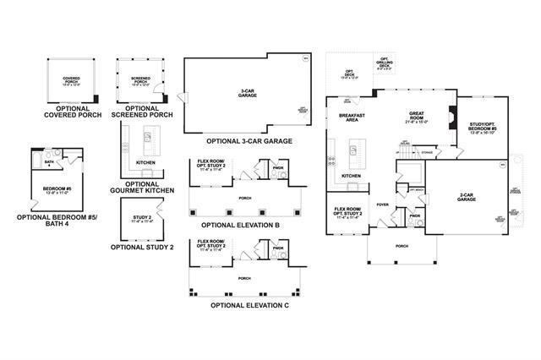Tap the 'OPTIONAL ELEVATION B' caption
pos(241,226)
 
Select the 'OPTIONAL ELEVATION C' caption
pos(249,303)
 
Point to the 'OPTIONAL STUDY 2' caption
pos(142,247)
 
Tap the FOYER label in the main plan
pos(383,204)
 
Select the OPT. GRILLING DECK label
pos(384,64)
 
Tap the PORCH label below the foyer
pos(402,247)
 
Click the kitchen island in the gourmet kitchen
pos(149,136)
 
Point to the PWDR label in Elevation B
pos(278,167)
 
